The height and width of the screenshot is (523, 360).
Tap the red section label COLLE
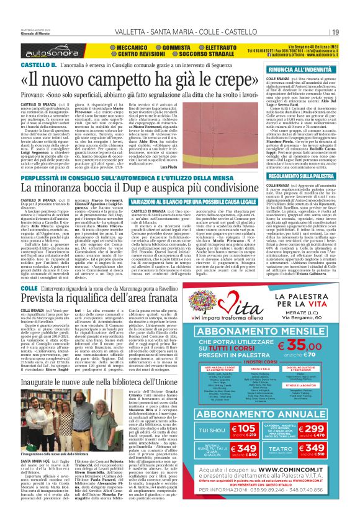pyautogui.click(x=29, y=288)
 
